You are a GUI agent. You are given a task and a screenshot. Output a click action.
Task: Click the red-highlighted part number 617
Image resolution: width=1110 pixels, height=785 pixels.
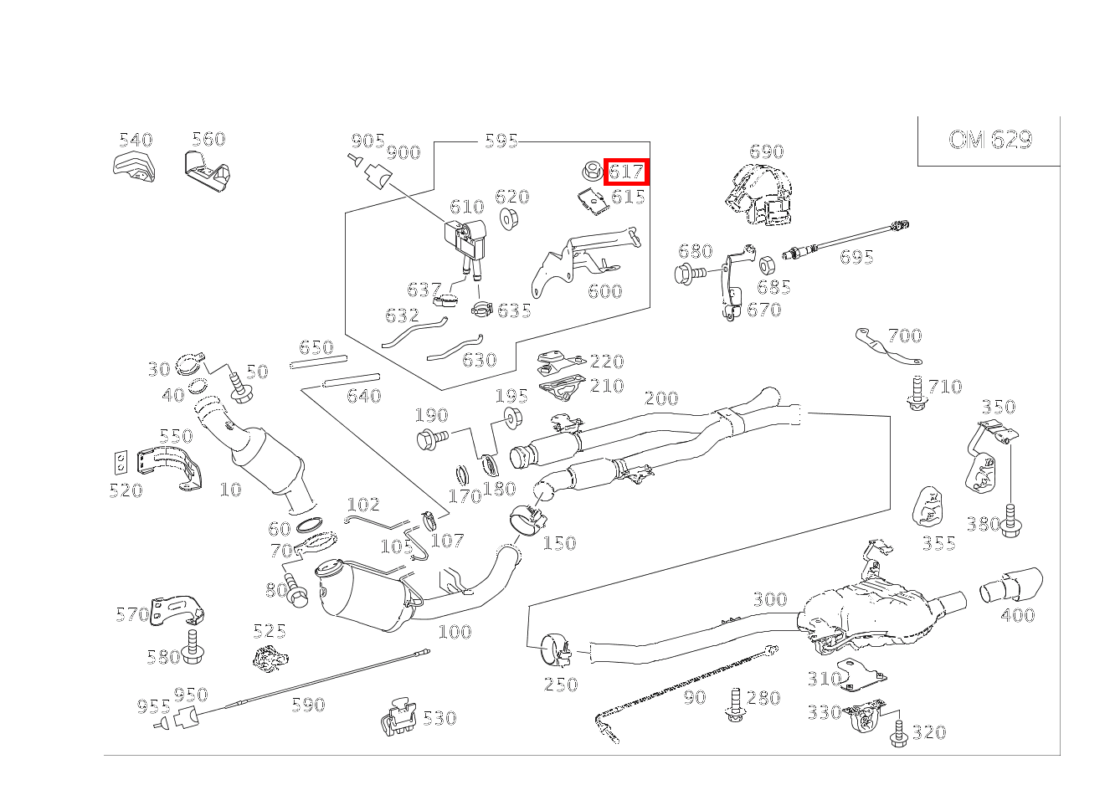click(626, 172)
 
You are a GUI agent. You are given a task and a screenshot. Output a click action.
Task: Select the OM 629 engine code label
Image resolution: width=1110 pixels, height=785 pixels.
click(989, 140)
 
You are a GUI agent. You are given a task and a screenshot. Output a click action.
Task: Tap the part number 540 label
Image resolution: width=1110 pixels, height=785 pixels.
click(136, 140)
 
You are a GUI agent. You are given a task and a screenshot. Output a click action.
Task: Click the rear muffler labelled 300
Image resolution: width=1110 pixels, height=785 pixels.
click(866, 615)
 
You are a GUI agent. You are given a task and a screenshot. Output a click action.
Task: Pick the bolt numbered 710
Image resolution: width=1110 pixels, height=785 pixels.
click(917, 393)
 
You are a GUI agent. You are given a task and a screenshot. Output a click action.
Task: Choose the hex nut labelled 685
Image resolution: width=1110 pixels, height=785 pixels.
click(765, 266)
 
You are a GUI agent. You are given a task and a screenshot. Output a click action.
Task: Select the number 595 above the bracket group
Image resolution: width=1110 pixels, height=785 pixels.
click(501, 141)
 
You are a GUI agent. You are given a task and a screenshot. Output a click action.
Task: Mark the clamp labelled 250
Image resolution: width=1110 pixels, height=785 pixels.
click(555, 650)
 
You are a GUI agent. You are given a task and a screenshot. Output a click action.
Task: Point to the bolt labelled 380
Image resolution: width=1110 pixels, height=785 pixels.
click(1010, 520)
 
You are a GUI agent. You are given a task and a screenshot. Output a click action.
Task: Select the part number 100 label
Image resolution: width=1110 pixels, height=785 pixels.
click(455, 632)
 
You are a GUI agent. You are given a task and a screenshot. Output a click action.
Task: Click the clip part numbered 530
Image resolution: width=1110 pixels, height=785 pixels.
click(399, 718)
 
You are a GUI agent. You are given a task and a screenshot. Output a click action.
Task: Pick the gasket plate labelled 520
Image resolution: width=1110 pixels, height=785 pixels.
click(121, 463)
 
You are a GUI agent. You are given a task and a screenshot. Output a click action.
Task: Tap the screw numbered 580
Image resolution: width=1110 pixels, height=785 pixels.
click(193, 647)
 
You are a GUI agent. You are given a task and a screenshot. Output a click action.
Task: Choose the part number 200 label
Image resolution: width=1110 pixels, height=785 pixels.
click(661, 398)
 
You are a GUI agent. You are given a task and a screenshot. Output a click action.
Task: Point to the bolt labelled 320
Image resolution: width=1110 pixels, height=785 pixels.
click(898, 732)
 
